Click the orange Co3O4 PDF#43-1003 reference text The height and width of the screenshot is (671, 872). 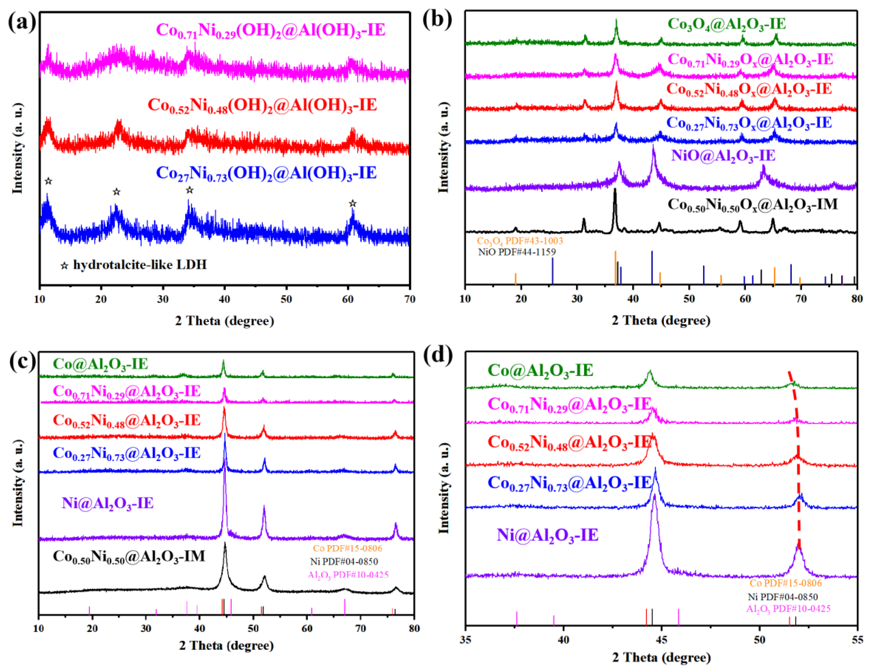tap(520, 241)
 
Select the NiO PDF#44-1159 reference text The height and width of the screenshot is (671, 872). tap(517, 252)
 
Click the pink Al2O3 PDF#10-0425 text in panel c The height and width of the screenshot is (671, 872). tap(348, 575)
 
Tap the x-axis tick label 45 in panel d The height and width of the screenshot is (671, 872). tap(662, 640)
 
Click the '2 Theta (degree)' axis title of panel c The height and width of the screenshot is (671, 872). tap(226, 645)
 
